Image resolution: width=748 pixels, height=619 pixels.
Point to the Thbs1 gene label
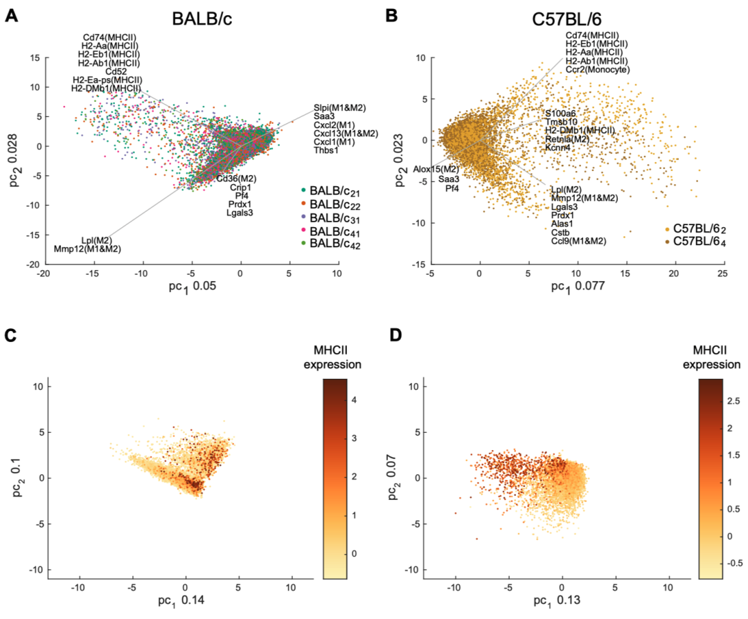328,150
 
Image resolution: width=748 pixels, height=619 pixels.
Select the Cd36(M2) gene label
236,179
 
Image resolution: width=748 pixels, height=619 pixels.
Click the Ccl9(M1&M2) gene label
578,241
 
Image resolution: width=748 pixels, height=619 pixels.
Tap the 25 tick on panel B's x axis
721,275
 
